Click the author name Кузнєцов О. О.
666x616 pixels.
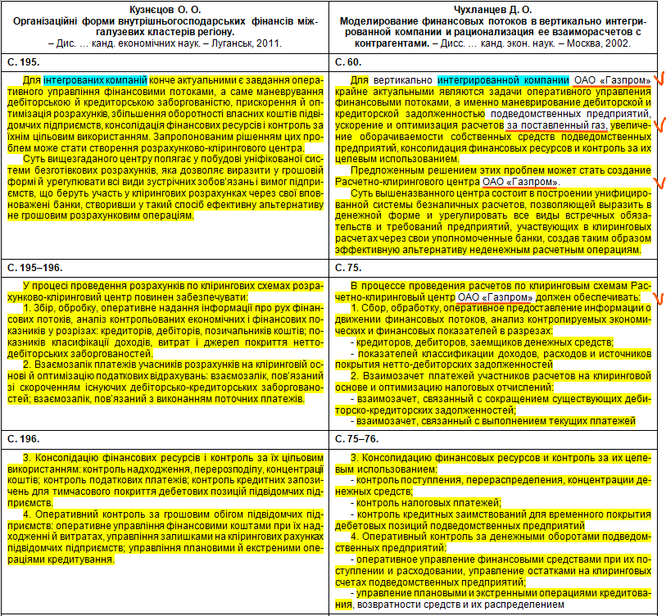click(x=166, y=8)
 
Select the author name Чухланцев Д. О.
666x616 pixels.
click(x=499, y=8)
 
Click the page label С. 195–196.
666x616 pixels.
click(x=34, y=267)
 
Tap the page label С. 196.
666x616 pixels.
click(x=23, y=438)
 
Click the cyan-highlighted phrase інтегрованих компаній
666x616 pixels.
click(x=95, y=80)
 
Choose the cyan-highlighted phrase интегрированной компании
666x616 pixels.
click(x=503, y=80)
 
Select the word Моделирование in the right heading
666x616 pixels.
click(x=383, y=20)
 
